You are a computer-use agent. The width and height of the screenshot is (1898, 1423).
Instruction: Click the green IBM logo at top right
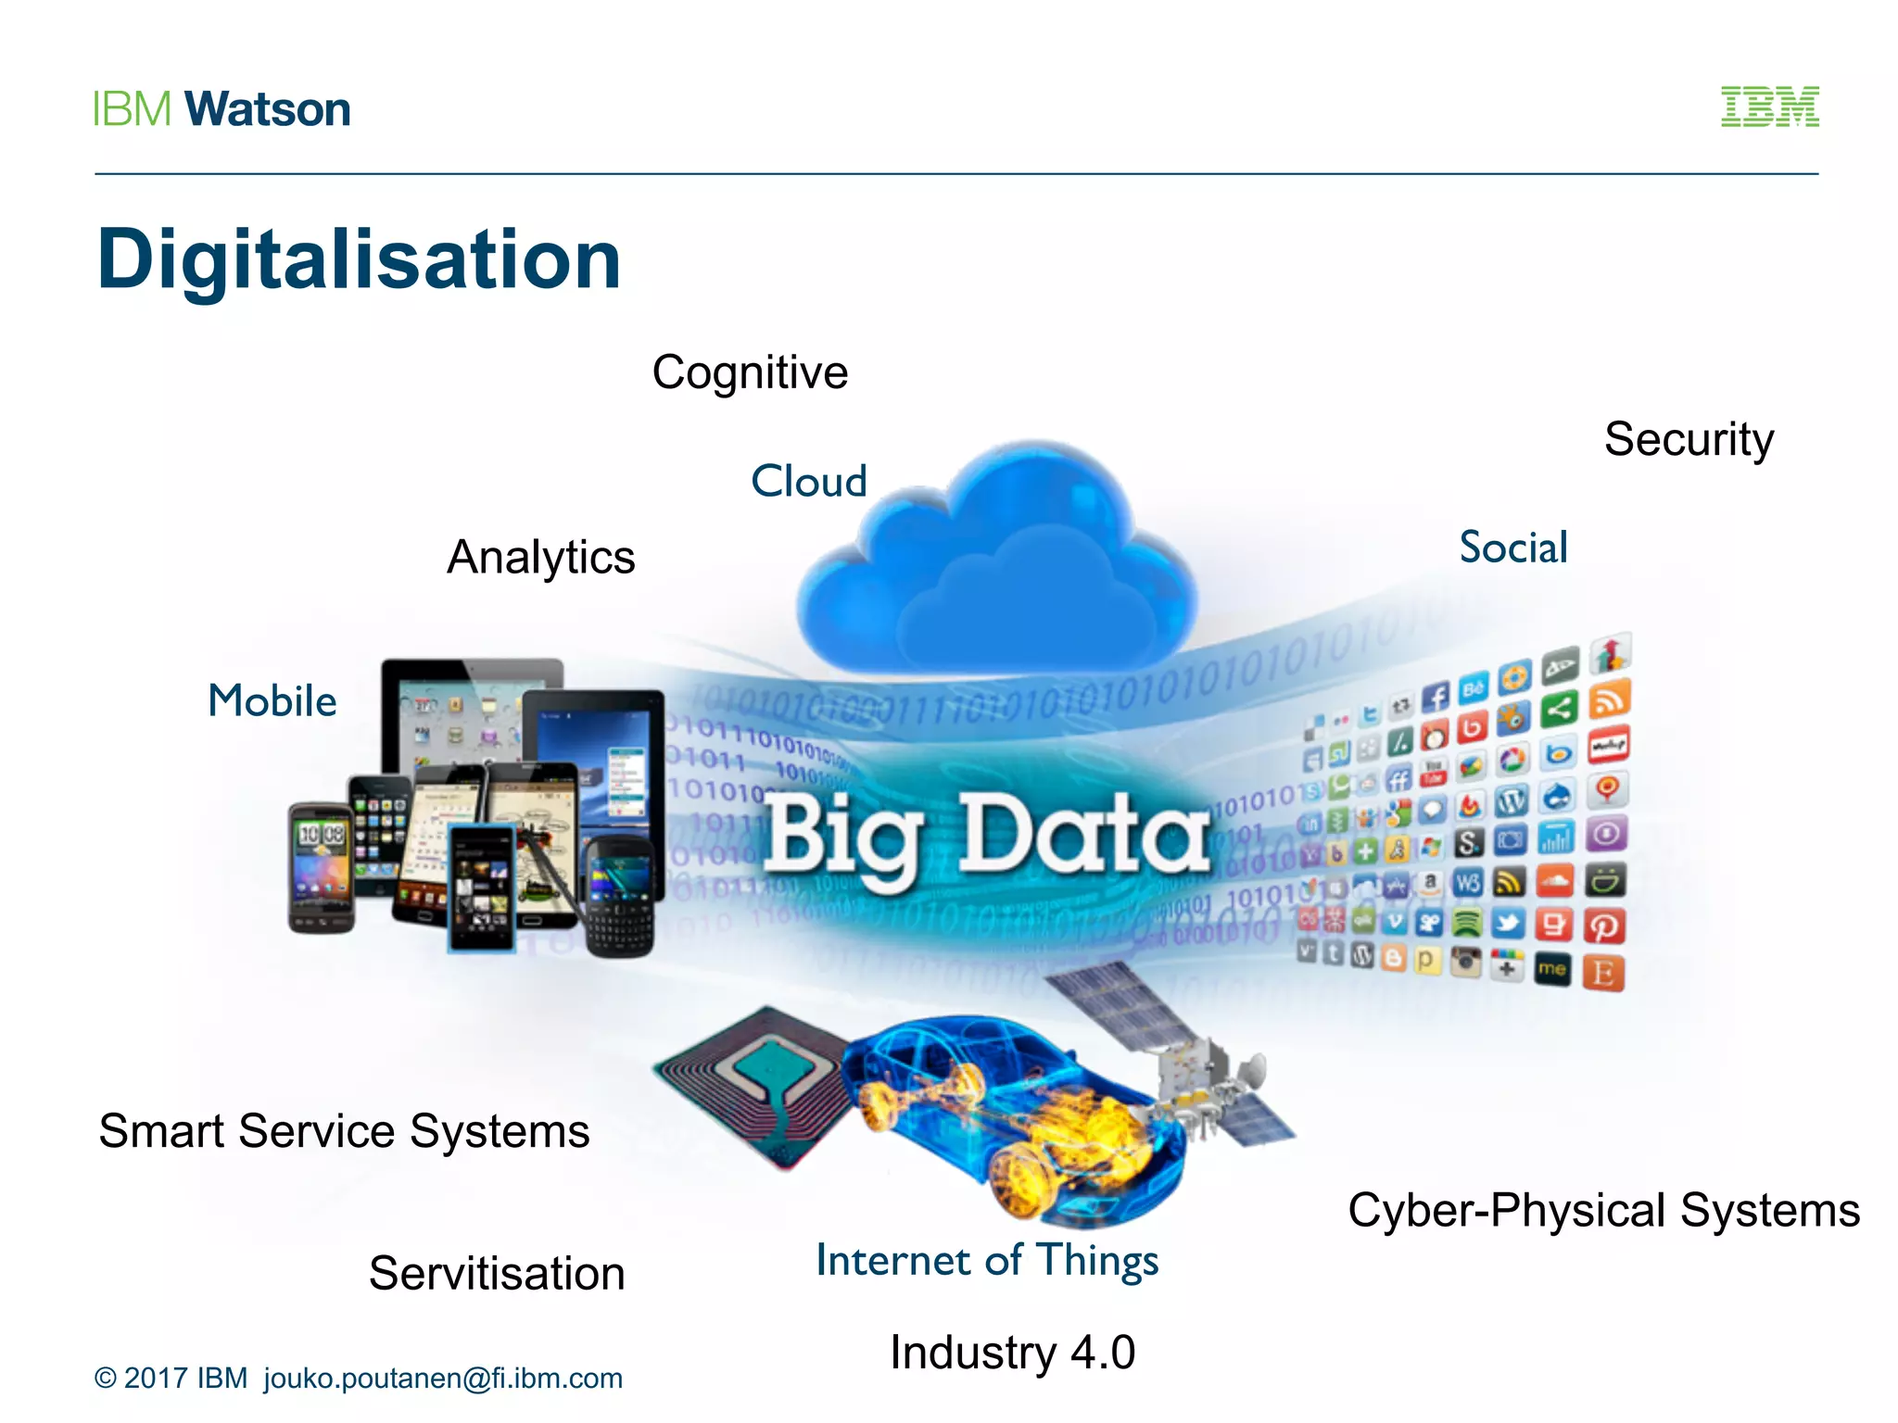pyautogui.click(x=1769, y=107)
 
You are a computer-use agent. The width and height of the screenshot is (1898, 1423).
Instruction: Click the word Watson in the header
pyautogui.click(x=268, y=109)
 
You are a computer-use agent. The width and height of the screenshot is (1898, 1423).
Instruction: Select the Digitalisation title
pyautogui.click(x=359, y=259)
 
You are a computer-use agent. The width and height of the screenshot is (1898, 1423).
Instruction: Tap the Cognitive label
pyautogui.click(x=750, y=372)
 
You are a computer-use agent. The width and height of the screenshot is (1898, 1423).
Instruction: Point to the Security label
pyautogui.click(x=1689, y=439)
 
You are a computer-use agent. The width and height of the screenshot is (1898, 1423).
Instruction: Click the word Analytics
pyautogui.click(x=541, y=558)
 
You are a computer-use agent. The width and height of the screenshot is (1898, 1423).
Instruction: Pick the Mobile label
pyautogui.click(x=272, y=701)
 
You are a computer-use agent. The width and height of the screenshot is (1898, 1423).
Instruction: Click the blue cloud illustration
pyautogui.click(x=996, y=565)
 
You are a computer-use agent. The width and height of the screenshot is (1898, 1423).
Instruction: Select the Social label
pyautogui.click(x=1513, y=548)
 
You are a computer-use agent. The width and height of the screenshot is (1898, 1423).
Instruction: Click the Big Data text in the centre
pyautogui.click(x=987, y=836)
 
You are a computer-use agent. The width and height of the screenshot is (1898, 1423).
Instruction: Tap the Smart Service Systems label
pyautogui.click(x=344, y=1131)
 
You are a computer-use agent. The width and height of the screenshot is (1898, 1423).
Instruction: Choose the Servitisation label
pyautogui.click(x=497, y=1273)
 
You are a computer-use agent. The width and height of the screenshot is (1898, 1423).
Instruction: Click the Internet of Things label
pyautogui.click(x=987, y=1260)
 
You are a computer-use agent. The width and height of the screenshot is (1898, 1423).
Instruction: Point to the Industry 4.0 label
pyautogui.click(x=1012, y=1353)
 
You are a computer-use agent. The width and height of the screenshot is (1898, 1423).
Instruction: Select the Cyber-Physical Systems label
pyautogui.click(x=1603, y=1210)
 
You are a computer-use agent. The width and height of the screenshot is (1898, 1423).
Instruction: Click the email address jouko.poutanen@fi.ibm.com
pyautogui.click(x=443, y=1379)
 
